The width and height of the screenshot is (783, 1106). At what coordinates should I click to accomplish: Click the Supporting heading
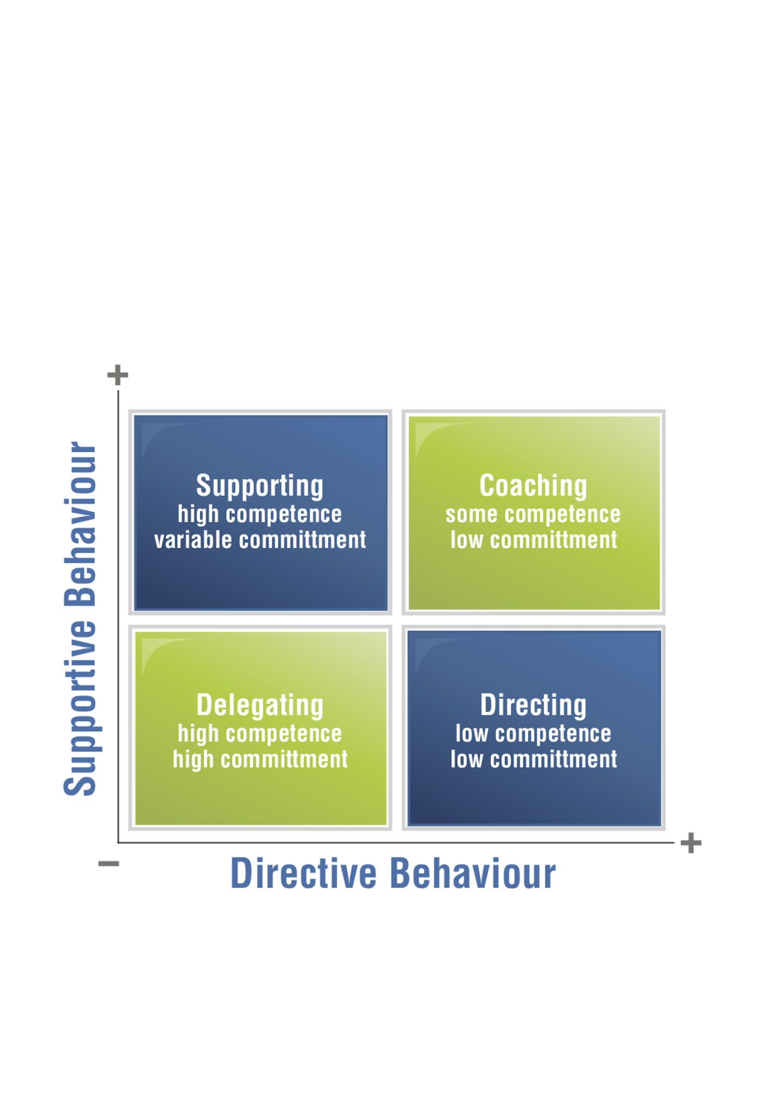[260, 485]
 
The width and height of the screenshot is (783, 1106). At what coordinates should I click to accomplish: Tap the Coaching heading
[533, 485]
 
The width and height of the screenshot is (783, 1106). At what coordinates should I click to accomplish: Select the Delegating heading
[260, 705]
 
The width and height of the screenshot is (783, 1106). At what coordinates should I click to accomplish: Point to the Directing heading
[533, 705]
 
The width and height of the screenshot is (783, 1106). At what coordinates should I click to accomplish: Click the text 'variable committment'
[260, 540]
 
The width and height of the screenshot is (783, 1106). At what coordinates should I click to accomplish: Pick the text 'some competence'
[533, 515]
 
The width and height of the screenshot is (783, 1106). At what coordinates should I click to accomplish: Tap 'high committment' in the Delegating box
[260, 759]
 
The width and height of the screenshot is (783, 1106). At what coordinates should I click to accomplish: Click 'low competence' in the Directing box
[533, 733]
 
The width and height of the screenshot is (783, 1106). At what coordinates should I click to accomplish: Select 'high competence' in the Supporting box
[260, 515]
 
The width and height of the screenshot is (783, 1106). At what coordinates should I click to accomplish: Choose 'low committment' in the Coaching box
[534, 540]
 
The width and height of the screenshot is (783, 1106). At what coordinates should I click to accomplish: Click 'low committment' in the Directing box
[534, 759]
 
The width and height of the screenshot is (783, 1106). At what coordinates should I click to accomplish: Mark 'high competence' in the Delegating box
[260, 733]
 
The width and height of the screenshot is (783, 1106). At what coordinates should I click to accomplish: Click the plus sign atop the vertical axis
[118, 375]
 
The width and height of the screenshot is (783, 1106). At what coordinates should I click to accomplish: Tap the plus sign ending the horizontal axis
[691, 843]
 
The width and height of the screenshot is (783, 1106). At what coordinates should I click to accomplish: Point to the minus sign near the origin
[109, 864]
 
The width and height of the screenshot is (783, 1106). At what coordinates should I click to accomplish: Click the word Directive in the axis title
[303, 873]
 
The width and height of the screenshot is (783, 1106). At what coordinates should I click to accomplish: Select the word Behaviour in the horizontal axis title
[473, 873]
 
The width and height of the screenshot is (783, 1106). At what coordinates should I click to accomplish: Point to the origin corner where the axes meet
[118, 842]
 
